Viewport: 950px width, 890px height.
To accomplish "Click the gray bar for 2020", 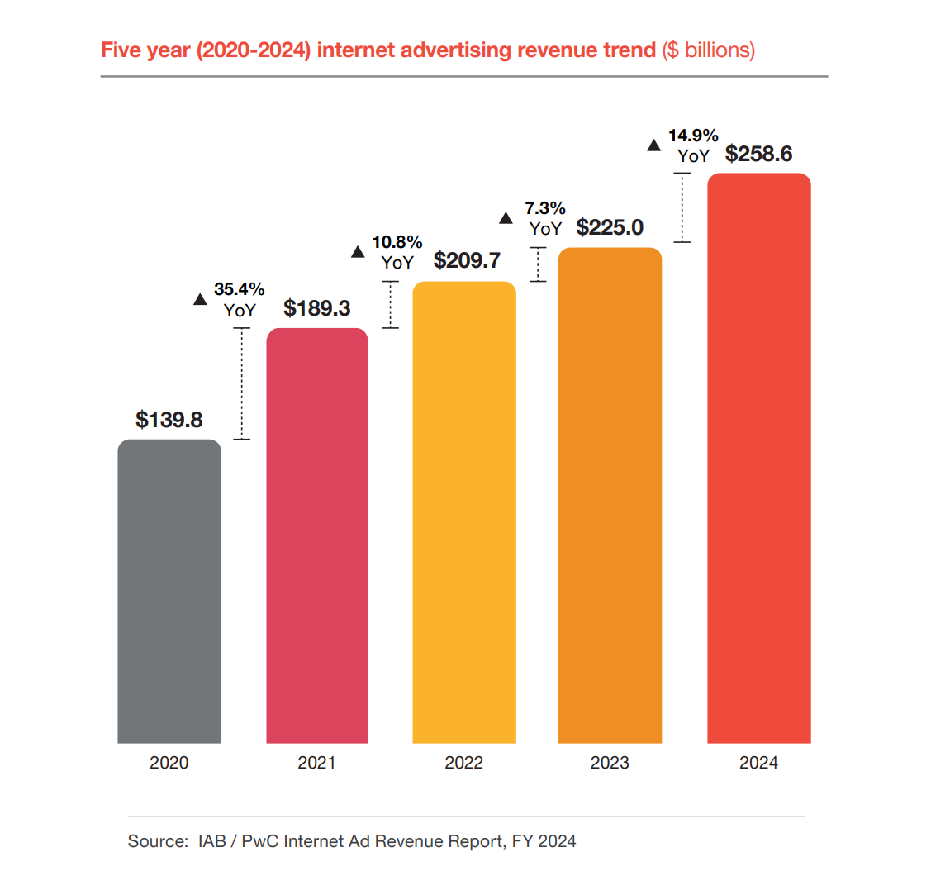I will coord(169,591).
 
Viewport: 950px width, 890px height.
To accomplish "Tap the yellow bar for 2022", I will coord(464,512).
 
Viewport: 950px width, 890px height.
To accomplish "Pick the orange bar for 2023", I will coord(610,496).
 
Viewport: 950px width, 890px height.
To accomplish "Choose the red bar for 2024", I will coord(758,459).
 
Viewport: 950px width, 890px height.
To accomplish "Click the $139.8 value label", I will coord(169,420).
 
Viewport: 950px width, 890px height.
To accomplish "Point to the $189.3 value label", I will coord(317,308).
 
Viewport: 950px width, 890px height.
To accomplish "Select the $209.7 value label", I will coord(467,260).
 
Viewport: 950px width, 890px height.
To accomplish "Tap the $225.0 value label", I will coord(610,227).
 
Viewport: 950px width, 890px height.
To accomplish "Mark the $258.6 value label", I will coord(758,154).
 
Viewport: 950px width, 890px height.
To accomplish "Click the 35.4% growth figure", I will coord(240,289).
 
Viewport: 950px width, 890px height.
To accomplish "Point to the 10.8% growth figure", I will coord(397,242).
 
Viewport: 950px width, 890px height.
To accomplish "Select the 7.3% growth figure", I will coord(545,208).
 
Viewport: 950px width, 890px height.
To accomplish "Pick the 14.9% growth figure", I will coord(693,136).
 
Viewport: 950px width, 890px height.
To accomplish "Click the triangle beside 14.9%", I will coord(653,145).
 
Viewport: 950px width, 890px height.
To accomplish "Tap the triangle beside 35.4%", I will coord(200,299).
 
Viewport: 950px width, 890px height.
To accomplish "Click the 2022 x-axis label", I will coord(464,763).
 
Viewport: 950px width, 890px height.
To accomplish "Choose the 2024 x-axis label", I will coord(758,763).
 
